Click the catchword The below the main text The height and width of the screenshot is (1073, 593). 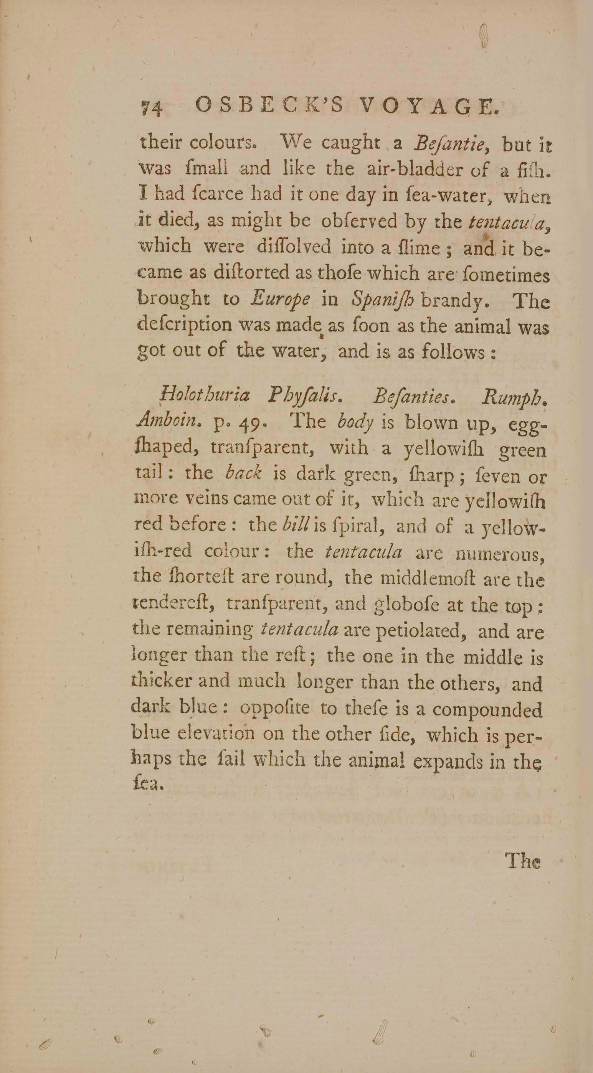(x=523, y=860)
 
